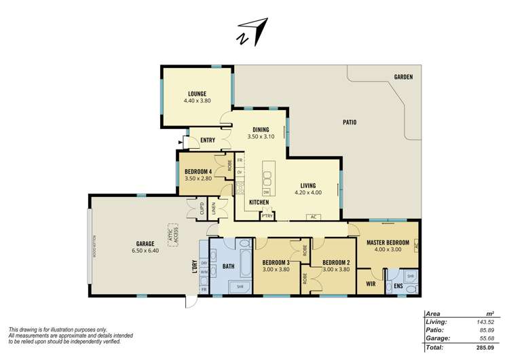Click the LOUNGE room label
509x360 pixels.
pyautogui.click(x=197, y=94)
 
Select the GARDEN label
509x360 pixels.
pyautogui.click(x=403, y=77)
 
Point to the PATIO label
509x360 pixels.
pyautogui.click(x=350, y=123)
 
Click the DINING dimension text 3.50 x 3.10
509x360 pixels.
pyautogui.click(x=261, y=137)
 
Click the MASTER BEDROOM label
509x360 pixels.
pyautogui.click(x=387, y=242)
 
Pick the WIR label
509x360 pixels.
pyautogui.click(x=371, y=283)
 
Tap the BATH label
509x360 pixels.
pyautogui.click(x=228, y=267)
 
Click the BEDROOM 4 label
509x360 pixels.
pyautogui.click(x=198, y=171)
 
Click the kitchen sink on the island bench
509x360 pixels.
pyautogui.click(x=267, y=178)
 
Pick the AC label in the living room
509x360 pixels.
pyautogui.click(x=314, y=217)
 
